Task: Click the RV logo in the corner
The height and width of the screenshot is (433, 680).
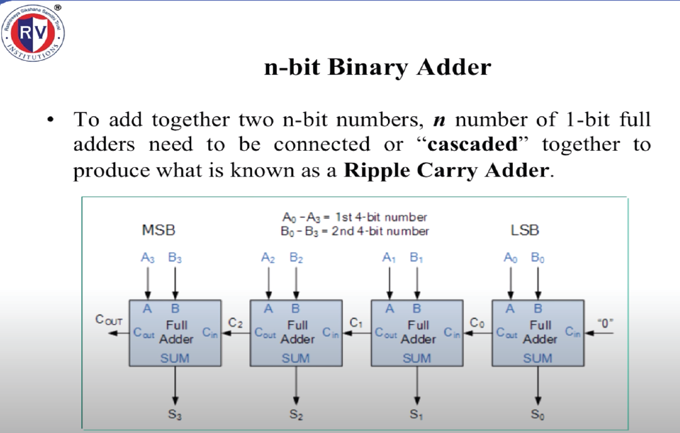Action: [34, 33]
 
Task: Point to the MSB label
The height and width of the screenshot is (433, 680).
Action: [159, 230]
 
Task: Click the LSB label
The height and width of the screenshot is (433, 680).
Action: [524, 230]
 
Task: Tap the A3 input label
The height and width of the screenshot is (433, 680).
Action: [148, 258]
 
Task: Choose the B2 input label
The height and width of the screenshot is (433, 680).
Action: [296, 258]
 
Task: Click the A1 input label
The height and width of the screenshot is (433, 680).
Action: [389, 258]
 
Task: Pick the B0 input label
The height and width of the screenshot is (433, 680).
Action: [538, 258]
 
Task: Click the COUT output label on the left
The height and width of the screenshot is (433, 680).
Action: [109, 320]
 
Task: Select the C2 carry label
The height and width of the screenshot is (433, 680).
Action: [235, 323]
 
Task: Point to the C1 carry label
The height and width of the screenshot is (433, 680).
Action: [356, 323]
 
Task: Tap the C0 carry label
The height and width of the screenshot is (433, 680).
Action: [477, 323]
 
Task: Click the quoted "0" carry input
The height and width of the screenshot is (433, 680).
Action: [604, 323]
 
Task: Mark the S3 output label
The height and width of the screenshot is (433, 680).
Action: [175, 414]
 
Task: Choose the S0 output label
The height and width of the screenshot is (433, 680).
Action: [538, 414]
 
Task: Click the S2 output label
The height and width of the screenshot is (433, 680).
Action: [296, 414]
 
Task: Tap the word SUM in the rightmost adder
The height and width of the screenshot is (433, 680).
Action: [538, 358]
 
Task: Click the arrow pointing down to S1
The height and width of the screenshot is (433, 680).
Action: [417, 386]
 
